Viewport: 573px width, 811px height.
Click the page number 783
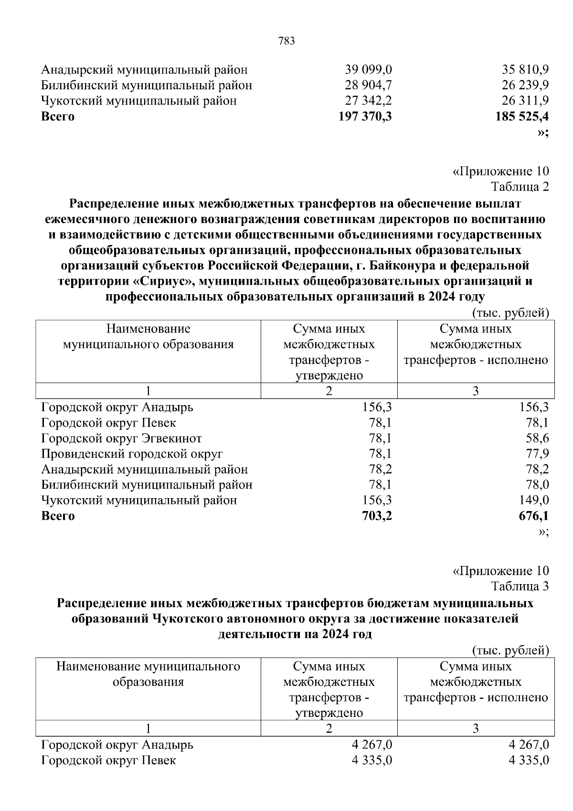pyautogui.click(x=286, y=41)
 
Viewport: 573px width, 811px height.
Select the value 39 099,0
pyautogui.click(x=368, y=70)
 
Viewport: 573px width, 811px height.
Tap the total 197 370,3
pyautogui.click(x=365, y=116)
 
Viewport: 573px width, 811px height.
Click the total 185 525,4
pyautogui.click(x=522, y=116)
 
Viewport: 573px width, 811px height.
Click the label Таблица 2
pyautogui.click(x=520, y=187)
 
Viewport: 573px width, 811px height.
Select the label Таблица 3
pyautogui.click(x=520, y=586)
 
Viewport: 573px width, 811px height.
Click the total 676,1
pyautogui.click(x=533, y=516)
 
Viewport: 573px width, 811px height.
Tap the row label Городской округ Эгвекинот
pyautogui.click(x=121, y=438)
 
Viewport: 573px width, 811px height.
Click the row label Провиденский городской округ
pyautogui.click(x=132, y=454)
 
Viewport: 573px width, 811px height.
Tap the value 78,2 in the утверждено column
pyautogui.click(x=380, y=470)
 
